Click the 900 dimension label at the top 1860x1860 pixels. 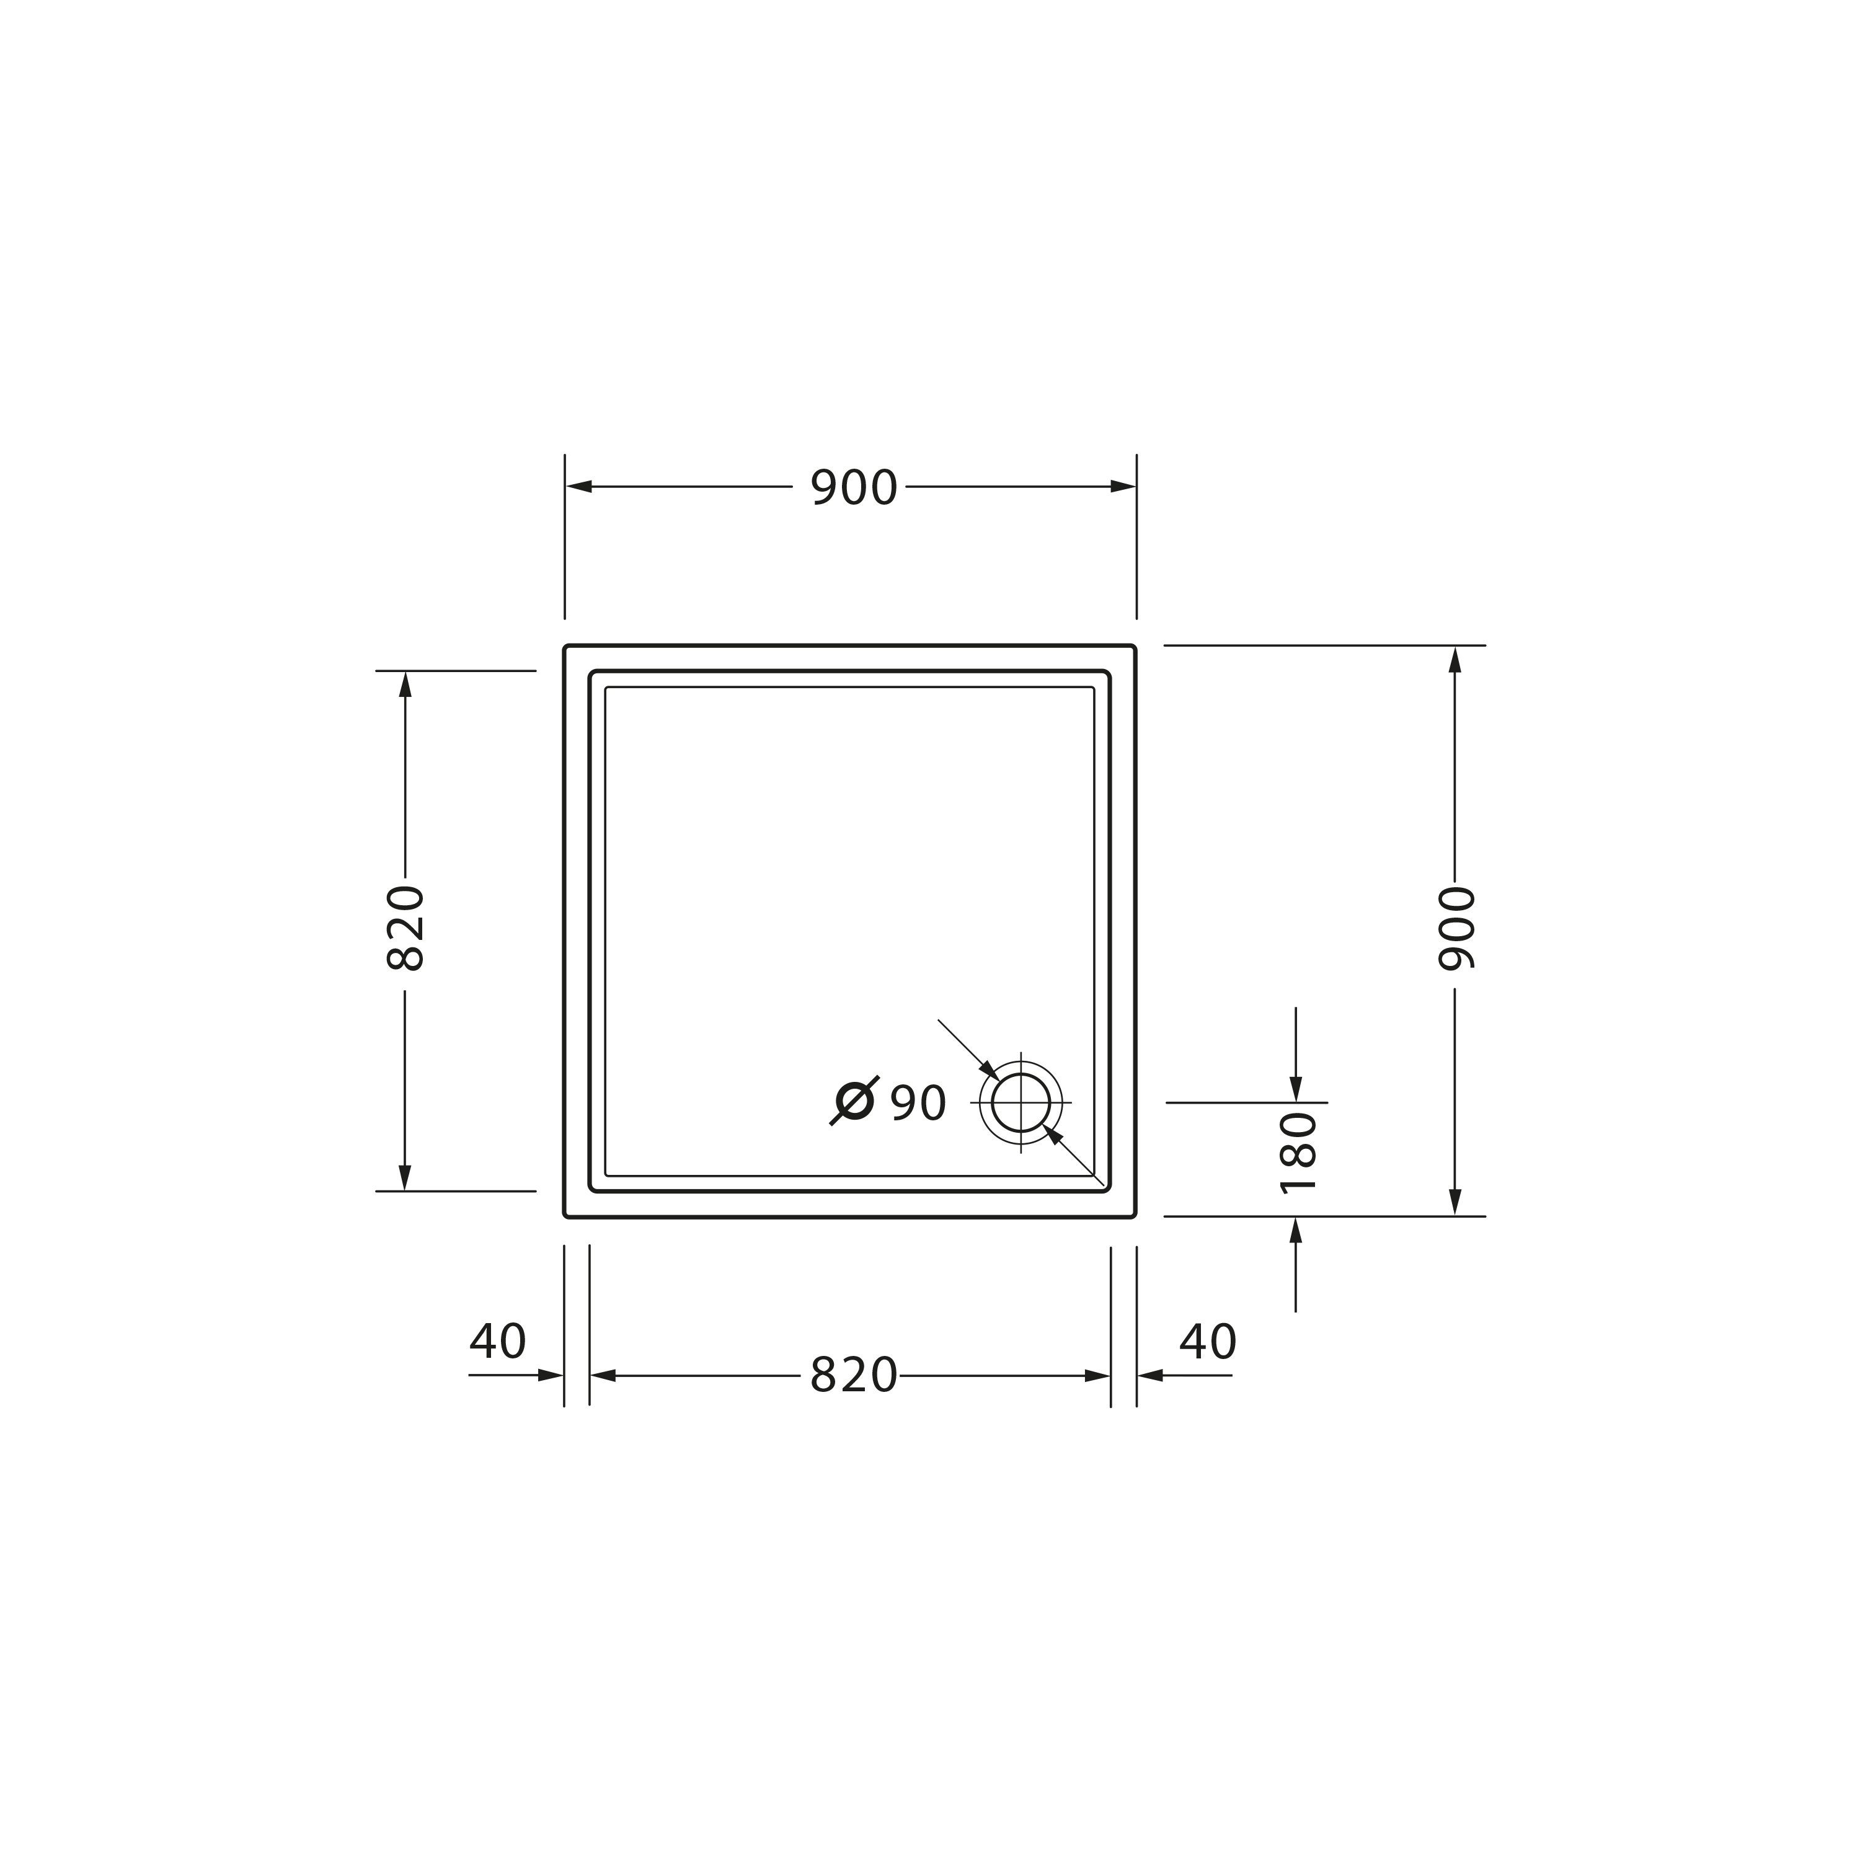pyautogui.click(x=853, y=488)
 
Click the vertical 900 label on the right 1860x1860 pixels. pyautogui.click(x=1455, y=929)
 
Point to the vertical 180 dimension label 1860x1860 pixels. pyautogui.click(x=1297, y=1153)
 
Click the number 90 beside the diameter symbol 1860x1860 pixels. pyautogui.click(x=918, y=1104)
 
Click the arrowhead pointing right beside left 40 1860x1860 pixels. pyautogui.click(x=551, y=1375)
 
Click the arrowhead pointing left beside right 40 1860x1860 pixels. pyautogui.click(x=1151, y=1375)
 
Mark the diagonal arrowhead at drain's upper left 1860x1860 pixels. pyautogui.click(x=989, y=1069)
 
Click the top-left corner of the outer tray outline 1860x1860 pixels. pyautogui.click(x=566, y=647)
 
